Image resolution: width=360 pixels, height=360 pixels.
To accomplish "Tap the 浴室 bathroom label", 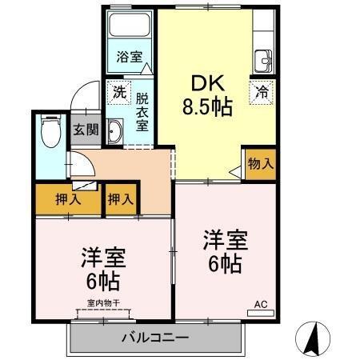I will [x=130, y=58].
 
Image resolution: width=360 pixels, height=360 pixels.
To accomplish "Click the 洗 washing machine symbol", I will [x=119, y=91].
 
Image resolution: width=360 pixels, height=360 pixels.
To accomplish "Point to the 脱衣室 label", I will [x=142, y=112].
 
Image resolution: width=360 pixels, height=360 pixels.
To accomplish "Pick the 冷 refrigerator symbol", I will [x=261, y=91].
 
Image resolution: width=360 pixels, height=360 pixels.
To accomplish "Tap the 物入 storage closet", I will [x=260, y=163].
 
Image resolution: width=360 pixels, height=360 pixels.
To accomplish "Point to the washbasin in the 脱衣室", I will [x=114, y=132].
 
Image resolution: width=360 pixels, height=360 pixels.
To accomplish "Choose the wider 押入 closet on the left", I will [x=68, y=199].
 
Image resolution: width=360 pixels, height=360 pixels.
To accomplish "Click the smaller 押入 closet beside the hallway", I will [x=121, y=199].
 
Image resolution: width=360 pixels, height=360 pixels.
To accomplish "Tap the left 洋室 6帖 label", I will [x=102, y=268].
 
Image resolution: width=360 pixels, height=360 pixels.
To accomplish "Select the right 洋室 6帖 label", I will [x=223, y=250].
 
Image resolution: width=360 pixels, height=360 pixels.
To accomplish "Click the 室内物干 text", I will [x=102, y=303].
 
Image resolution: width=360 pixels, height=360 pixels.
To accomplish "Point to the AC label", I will [x=260, y=304].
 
